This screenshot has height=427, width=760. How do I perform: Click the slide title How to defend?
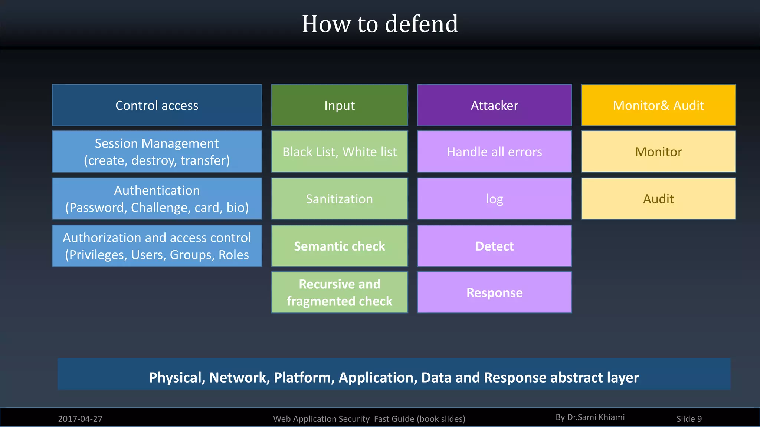[380, 24]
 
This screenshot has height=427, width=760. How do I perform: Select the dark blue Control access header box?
[157, 105]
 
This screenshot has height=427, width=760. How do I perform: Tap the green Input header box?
[339, 105]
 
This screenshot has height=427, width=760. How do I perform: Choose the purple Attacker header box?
[494, 105]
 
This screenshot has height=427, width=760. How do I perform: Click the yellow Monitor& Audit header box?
[658, 105]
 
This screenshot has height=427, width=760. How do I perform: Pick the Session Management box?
[157, 152]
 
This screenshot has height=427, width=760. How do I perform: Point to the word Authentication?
[157, 191]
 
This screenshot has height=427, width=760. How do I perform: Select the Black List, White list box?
[339, 152]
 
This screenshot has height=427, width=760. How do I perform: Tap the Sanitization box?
[339, 199]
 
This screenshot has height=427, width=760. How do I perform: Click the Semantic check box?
[339, 246]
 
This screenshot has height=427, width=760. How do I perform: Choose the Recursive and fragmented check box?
[339, 292]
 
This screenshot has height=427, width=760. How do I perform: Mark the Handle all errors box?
[494, 152]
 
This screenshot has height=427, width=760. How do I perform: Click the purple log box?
[494, 199]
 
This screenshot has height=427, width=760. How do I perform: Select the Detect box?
[494, 246]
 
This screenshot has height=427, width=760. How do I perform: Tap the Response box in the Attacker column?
[494, 292]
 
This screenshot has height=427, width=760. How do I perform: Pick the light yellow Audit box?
[658, 199]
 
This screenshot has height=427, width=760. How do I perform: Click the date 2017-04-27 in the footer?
[80, 419]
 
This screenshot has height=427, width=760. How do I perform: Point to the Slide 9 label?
[689, 419]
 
